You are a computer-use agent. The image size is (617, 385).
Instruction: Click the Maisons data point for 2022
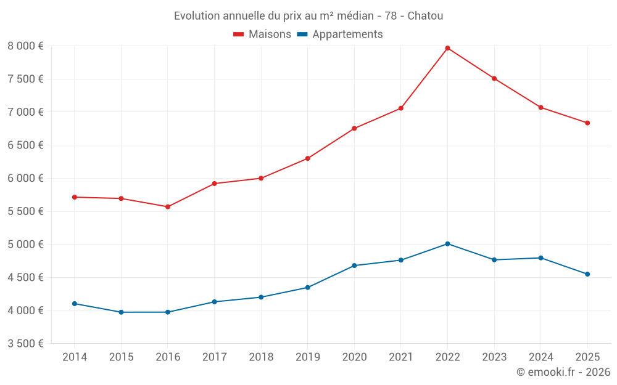pos(447,48)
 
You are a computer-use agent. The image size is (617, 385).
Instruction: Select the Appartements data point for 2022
pos(447,244)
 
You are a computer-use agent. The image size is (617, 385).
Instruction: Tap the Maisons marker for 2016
pos(168,207)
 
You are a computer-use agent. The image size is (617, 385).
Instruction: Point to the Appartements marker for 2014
pos(75,304)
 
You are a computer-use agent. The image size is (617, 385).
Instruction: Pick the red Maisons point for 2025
pos(587,123)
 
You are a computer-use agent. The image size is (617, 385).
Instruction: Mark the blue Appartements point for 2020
pos(354,265)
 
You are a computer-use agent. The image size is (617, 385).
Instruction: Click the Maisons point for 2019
pos(307,158)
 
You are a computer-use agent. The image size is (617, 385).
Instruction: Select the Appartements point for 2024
pos(541,258)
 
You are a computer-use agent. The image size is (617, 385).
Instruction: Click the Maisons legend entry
pos(262,34)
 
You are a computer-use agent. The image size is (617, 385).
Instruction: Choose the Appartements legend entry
pos(341,34)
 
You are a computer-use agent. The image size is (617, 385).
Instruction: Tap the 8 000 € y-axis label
pos(25,46)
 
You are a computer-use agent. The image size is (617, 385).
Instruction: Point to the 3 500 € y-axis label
pos(25,344)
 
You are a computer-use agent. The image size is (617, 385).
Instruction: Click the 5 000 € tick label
pos(25,245)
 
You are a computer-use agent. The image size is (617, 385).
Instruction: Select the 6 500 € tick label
pos(25,145)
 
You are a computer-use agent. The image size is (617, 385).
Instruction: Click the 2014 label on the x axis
pos(75,357)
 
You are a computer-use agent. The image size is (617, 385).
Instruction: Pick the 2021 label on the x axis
pos(401,357)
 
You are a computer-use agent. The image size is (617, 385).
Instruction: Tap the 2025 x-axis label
pos(587,357)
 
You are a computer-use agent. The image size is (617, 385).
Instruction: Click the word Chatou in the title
pos(425,16)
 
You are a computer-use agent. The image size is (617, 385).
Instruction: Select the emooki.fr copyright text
pos(563,372)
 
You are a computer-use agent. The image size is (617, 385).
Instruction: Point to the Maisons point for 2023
pos(494,78)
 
